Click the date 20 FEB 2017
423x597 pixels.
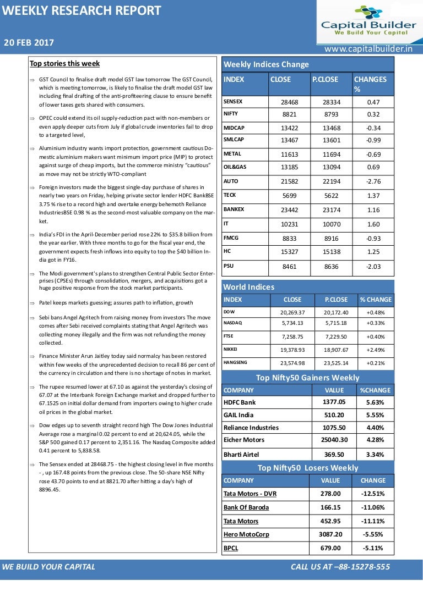point(29,43)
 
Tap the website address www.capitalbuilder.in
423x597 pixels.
point(368,49)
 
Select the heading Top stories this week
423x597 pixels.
point(64,64)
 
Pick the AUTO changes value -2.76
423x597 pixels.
point(373,181)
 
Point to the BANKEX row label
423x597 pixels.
point(234,209)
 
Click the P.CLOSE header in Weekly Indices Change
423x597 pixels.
point(325,79)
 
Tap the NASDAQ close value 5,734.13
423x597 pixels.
point(292,323)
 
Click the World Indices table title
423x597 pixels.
point(248,287)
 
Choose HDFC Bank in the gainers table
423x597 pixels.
point(240,402)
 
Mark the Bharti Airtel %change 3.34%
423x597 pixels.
point(375,454)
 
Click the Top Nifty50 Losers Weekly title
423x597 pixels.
point(307,468)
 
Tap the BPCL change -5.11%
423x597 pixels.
point(373,548)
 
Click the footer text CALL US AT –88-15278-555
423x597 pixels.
point(340,567)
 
